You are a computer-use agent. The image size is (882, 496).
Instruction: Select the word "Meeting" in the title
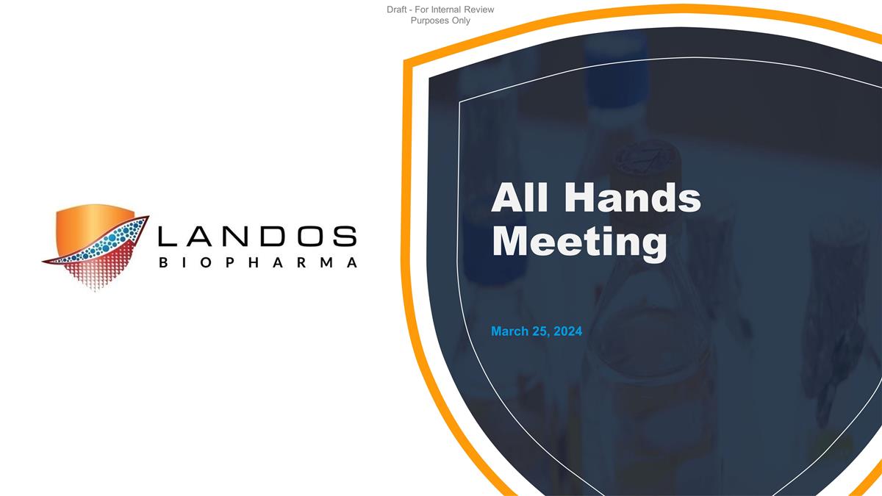(579, 242)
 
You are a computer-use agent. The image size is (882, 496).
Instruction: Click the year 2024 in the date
(568, 331)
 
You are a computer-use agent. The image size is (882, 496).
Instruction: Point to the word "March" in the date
(509, 331)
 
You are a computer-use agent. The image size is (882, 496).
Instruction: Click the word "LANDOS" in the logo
(257, 237)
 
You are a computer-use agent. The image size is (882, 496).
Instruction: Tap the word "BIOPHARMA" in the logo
(257, 262)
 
